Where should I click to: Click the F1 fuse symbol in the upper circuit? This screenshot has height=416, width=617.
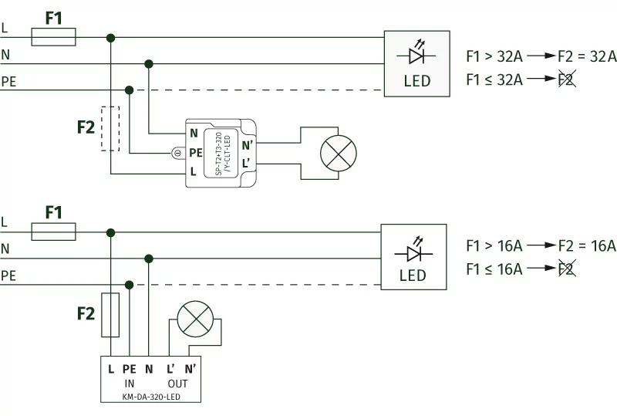coord(53,36)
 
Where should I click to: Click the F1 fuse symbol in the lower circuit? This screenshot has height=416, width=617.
coord(53,232)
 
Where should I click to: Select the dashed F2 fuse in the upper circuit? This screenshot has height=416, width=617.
coord(111,127)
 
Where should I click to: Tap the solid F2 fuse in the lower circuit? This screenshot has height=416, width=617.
coord(111,314)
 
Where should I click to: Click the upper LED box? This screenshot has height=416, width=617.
coord(417,64)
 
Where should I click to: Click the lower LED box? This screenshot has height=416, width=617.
coord(413,257)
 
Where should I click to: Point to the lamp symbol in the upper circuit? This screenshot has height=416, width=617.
coord(338,154)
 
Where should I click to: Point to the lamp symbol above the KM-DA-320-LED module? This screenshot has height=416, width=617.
coord(194,319)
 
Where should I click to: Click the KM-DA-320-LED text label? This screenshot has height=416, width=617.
coord(150,397)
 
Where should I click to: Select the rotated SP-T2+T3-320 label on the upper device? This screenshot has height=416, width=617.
coord(222,154)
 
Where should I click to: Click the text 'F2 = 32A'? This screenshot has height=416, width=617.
coord(587,56)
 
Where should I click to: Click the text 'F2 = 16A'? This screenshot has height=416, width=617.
coord(587,246)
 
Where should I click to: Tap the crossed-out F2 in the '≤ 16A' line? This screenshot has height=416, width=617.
coord(565,269)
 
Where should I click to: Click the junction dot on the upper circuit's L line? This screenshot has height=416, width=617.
coord(111,37)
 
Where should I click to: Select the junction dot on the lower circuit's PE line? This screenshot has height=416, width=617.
coord(130,285)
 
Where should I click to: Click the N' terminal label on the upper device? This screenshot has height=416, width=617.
coord(247,144)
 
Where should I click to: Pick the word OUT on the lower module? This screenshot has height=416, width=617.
coord(177,384)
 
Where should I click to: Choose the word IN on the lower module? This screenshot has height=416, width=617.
coord(129,384)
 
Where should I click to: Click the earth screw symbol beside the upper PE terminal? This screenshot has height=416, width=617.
coord(177,153)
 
